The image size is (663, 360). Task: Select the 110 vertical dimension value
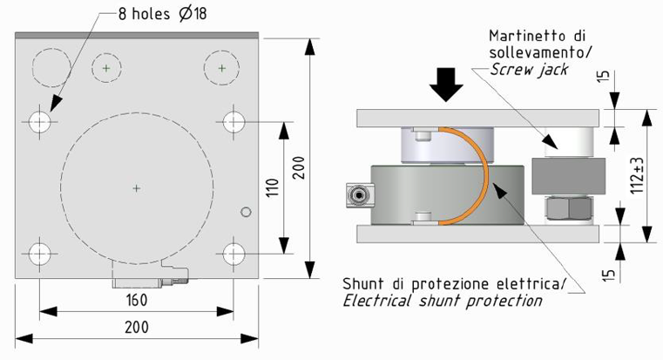pos(271,187)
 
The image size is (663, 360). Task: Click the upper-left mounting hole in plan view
pos(39,122)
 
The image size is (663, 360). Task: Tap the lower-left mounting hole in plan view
pos(39,254)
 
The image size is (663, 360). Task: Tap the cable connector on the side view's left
pos(356,197)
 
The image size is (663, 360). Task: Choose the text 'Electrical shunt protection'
pos(442,302)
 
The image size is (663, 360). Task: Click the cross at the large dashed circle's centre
pos(135,187)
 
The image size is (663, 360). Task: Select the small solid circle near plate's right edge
pos(247,211)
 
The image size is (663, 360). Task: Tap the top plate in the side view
pos(475,118)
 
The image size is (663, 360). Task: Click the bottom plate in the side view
pos(475,234)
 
